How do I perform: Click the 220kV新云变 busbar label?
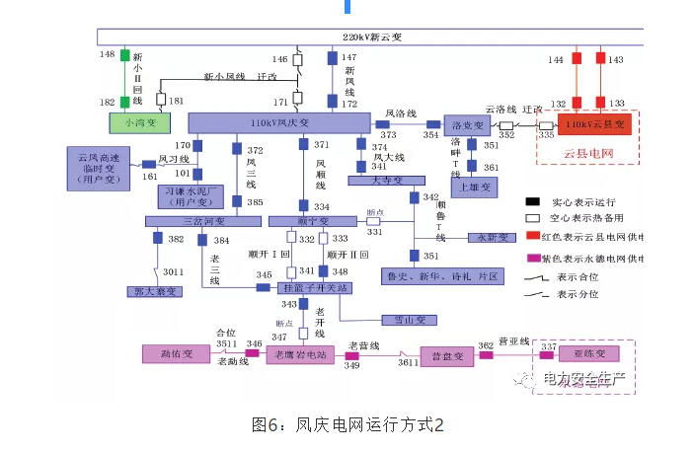371,37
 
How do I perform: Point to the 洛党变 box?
466,126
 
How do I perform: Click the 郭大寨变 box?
155,291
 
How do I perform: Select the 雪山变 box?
408,320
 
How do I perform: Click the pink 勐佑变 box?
176,353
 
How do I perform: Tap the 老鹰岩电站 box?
300,353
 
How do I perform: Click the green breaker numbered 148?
125,53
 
